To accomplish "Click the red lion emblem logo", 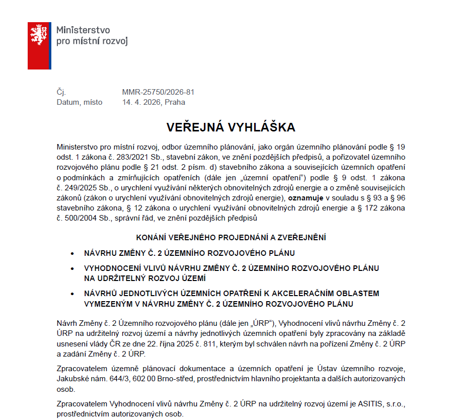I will point(39,45).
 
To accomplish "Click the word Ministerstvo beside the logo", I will point(83,30).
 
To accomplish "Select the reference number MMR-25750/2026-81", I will point(158,92).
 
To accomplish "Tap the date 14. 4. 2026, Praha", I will point(154,102).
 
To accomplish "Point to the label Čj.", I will point(61,92).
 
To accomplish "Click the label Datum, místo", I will point(80,102).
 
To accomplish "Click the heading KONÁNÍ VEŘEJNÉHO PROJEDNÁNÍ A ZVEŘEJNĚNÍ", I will point(232,237).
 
